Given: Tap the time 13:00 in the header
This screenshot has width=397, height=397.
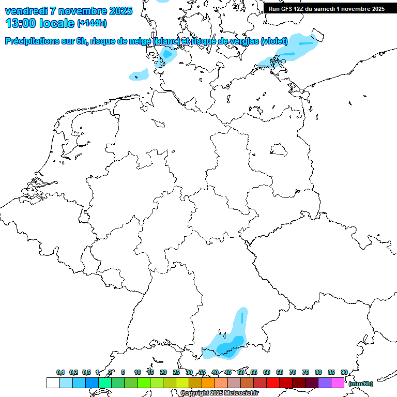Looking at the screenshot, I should click(20, 23).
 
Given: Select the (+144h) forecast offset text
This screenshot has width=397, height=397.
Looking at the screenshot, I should click(92, 23).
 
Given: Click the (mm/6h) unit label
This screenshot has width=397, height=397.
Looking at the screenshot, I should click(361, 384).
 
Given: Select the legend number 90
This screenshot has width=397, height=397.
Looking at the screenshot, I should click(344, 372).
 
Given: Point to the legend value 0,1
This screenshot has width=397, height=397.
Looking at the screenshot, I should click(60, 372).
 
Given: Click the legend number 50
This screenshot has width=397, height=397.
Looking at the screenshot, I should click(241, 372).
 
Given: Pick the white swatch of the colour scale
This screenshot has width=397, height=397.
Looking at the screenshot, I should click(53, 383).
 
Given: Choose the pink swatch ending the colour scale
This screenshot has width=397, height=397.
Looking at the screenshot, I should click(338, 383).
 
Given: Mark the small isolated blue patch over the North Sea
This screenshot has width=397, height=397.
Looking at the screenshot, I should click(139, 75).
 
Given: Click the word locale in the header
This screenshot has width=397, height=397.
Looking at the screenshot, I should click(57, 23).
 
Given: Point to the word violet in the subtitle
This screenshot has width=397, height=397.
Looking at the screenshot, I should click(276, 41).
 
